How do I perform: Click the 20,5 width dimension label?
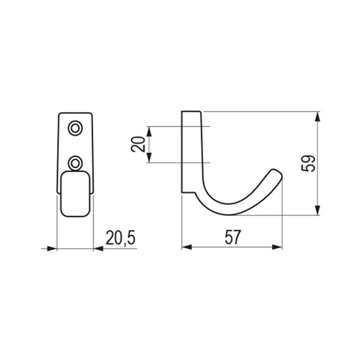point(120,238)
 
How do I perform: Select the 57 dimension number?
point(232,237)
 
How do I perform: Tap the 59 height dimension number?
point(308,164)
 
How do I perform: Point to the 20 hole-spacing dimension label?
point(138,144)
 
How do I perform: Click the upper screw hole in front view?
point(75,128)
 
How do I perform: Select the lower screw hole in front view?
point(75,163)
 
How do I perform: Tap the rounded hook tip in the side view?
point(278,173)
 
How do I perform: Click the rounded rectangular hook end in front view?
point(75,194)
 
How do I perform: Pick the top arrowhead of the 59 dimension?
point(317,117)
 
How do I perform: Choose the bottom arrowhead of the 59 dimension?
point(317,210)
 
